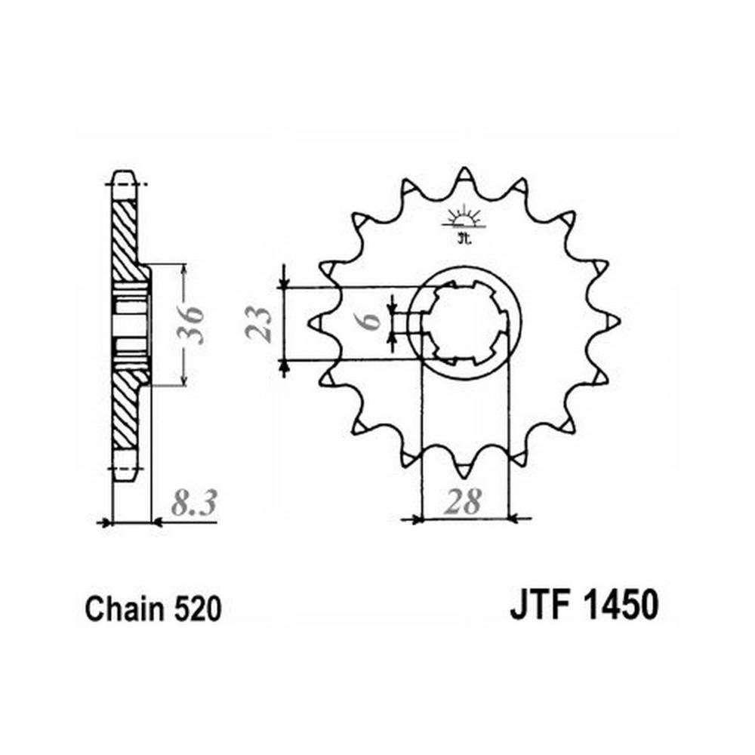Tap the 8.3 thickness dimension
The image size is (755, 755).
(x=193, y=504)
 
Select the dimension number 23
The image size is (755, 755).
(x=258, y=325)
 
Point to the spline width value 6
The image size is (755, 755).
(x=371, y=321)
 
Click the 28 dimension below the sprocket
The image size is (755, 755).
(x=463, y=502)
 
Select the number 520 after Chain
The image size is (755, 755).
(x=197, y=609)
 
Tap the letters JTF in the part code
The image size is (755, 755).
(x=538, y=605)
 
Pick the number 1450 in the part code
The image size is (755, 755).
(x=621, y=605)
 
